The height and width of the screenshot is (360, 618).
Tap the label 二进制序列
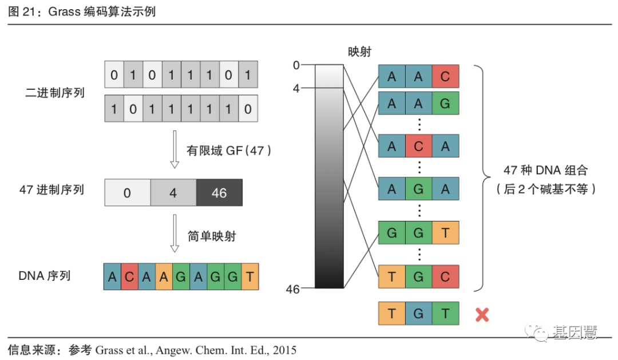pyautogui.click(x=56, y=92)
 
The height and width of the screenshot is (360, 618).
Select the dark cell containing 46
pyautogui.click(x=219, y=193)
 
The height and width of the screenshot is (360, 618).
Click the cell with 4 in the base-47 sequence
pyautogui.click(x=173, y=193)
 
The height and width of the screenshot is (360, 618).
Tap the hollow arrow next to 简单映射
pyautogui.click(x=175, y=235)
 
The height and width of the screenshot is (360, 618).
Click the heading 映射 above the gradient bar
pyautogui.click(x=360, y=52)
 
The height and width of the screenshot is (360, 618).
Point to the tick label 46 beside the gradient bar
pyautogui.click(x=293, y=290)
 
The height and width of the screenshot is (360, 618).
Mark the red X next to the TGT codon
pyautogui.click(x=482, y=314)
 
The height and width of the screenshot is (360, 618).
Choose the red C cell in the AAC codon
pyautogui.click(x=445, y=77)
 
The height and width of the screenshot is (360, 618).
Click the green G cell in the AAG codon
pyautogui.click(x=445, y=104)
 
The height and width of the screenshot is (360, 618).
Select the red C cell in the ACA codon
pyautogui.click(x=418, y=147)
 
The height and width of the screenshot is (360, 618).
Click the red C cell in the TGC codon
pyautogui.click(x=445, y=277)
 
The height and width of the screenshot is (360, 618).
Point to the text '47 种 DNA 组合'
pyautogui.click(x=545, y=171)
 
